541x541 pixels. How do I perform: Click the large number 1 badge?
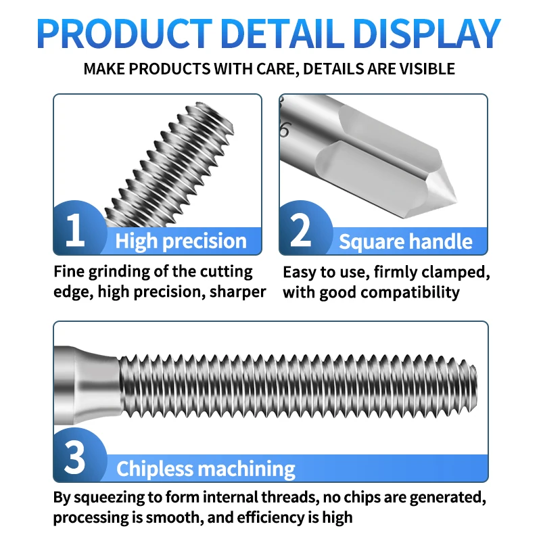(x=75, y=229)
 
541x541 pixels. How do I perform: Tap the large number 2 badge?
(x=301, y=229)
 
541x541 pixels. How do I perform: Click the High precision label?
(x=181, y=241)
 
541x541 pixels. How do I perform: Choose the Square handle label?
(x=406, y=241)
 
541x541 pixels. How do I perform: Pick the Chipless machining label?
(x=206, y=469)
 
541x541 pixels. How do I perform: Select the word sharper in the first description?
(x=239, y=292)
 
